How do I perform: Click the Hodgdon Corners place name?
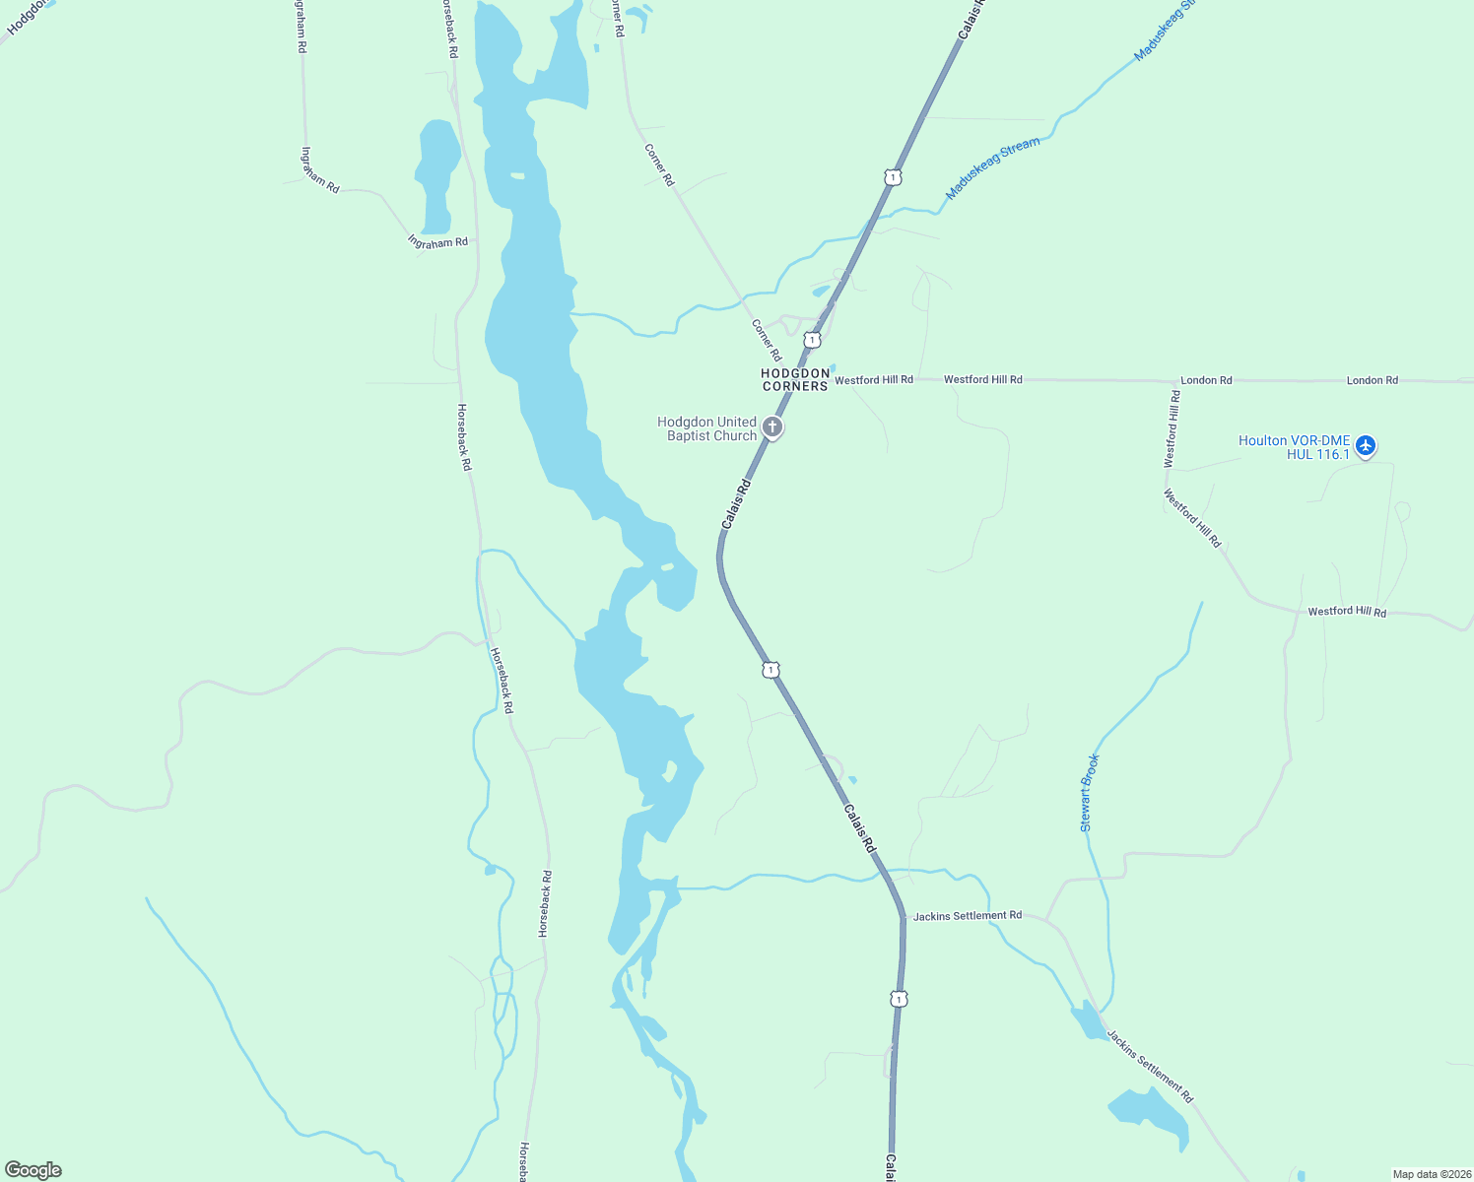(x=794, y=380)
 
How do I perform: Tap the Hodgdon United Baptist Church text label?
(x=707, y=428)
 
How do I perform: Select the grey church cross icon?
(x=773, y=427)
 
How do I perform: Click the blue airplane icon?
(x=1365, y=445)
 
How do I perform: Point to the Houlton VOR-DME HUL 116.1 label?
(x=1294, y=447)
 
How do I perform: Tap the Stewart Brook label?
(x=1089, y=793)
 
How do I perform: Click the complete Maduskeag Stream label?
(x=992, y=168)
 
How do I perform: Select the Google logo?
(x=33, y=1170)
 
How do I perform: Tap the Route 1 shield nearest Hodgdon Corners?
(x=812, y=340)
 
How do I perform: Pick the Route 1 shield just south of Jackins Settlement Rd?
(x=898, y=999)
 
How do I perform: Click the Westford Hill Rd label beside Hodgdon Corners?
(x=873, y=379)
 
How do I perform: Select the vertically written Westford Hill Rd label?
(x=1172, y=428)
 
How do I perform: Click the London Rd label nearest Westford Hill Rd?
(x=1206, y=380)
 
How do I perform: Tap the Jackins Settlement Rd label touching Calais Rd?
(x=967, y=916)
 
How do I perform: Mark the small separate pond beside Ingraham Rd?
(x=436, y=172)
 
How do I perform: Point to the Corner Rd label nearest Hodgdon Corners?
(x=766, y=340)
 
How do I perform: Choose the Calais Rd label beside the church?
(x=736, y=503)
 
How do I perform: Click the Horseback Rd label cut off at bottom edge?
(x=525, y=1162)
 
